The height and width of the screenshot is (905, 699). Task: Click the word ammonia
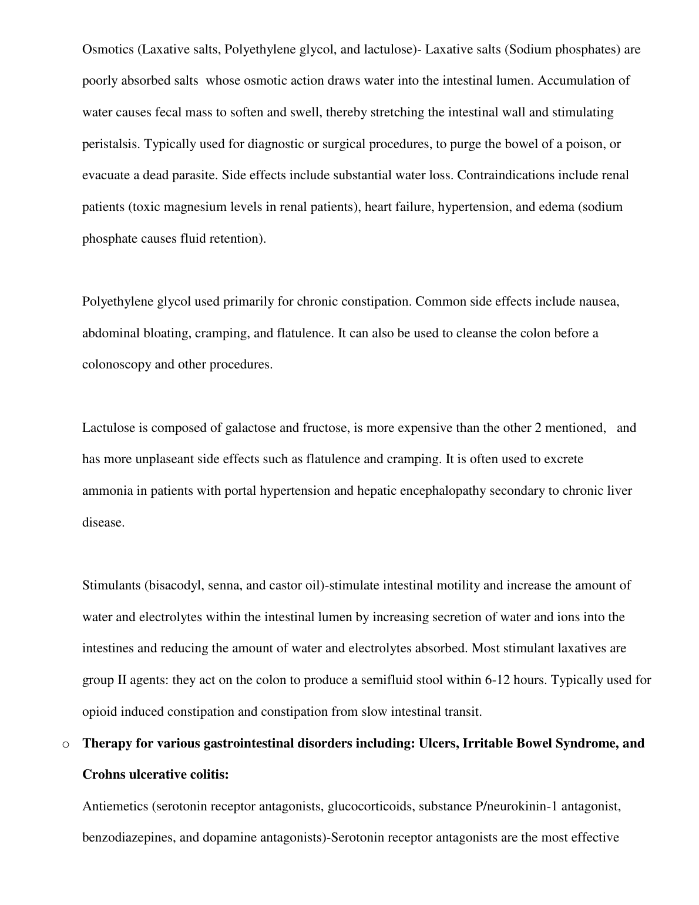pos(107,491)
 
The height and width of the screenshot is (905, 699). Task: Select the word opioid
pos(99,712)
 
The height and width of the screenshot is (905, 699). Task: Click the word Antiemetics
pos(115,806)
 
